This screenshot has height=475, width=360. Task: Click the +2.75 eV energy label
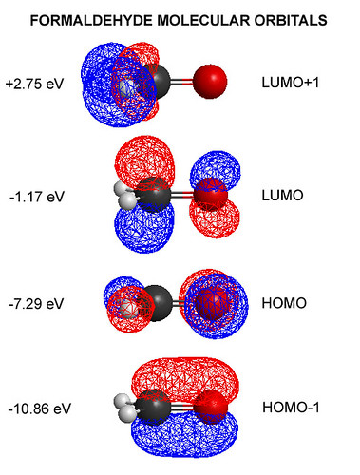tap(35, 85)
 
